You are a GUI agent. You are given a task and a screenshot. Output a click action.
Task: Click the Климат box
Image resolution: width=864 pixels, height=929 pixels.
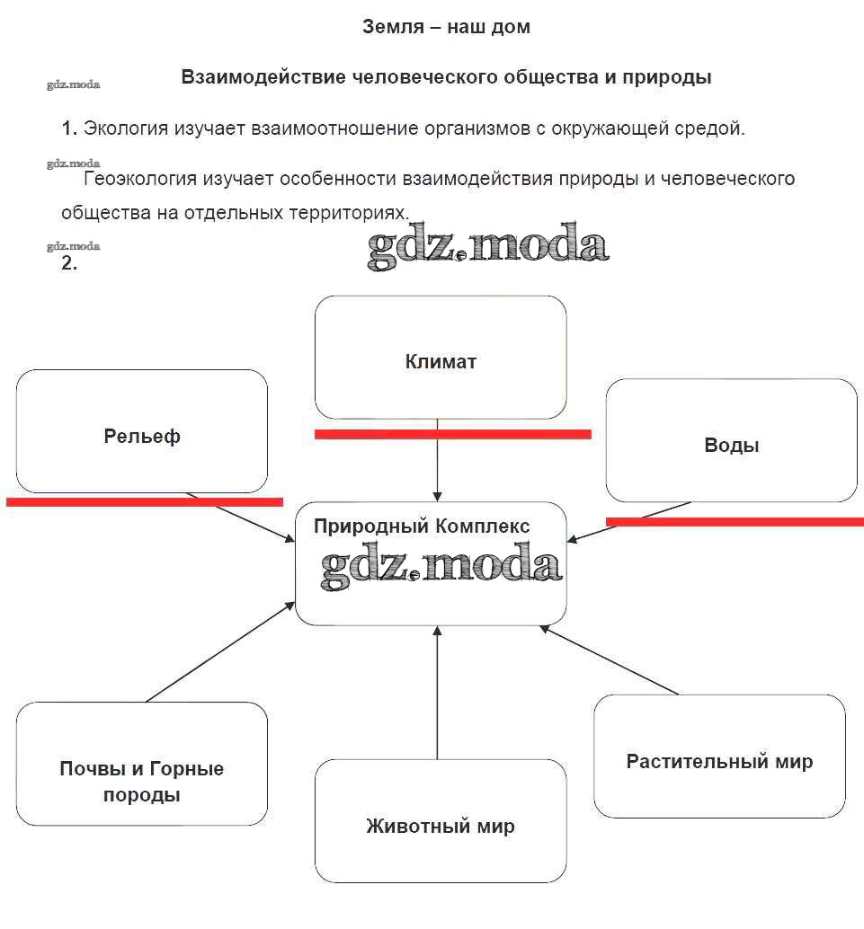pyautogui.click(x=441, y=358)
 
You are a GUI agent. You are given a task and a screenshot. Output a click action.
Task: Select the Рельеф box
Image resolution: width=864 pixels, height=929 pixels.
pyautogui.click(x=142, y=432)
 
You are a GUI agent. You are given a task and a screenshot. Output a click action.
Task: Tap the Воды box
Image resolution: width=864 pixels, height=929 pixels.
pyautogui.click(x=731, y=440)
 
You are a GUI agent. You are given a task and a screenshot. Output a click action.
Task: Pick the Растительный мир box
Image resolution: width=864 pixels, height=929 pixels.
pyautogui.click(x=719, y=756)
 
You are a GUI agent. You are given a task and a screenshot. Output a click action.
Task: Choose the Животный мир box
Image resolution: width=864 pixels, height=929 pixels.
pyautogui.click(x=441, y=821)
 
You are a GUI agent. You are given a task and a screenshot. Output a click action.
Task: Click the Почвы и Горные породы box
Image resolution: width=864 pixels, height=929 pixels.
pyautogui.click(x=142, y=765)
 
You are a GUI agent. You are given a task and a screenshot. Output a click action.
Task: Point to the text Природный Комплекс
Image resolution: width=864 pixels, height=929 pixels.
pyautogui.click(x=422, y=526)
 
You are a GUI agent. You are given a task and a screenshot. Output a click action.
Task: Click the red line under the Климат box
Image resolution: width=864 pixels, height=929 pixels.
pyautogui.click(x=452, y=434)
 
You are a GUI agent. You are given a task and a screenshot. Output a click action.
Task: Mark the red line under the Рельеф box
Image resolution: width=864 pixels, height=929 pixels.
pyautogui.click(x=144, y=502)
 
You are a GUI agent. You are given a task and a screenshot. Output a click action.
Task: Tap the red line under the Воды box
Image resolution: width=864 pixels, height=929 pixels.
pyautogui.click(x=735, y=521)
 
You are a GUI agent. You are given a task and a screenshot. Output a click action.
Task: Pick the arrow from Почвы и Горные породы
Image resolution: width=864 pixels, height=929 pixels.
pyautogui.click(x=220, y=651)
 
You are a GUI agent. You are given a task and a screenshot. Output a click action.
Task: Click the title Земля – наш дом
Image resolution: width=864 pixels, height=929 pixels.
pyautogui.click(x=446, y=27)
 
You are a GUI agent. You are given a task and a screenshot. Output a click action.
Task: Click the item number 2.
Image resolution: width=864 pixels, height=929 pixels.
pyautogui.click(x=69, y=264)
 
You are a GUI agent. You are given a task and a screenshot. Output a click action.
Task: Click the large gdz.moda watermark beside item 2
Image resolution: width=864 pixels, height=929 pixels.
pyautogui.click(x=488, y=248)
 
